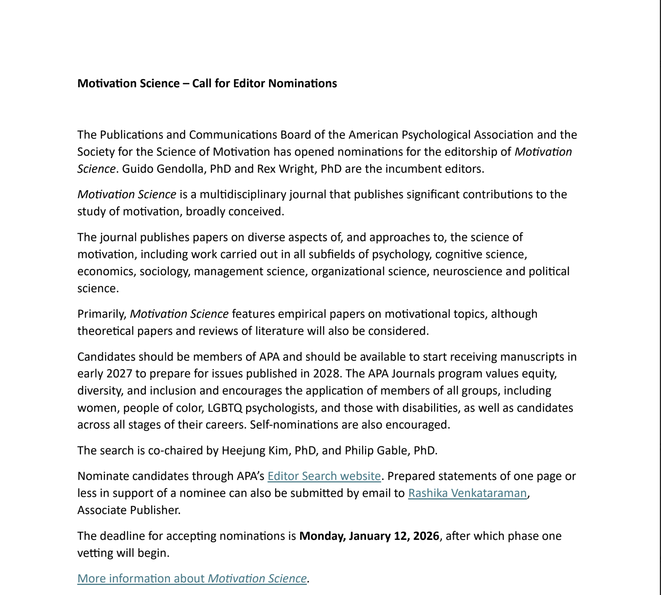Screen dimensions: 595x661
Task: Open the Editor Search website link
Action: tap(324, 476)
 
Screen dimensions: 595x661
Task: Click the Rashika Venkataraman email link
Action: tap(467, 493)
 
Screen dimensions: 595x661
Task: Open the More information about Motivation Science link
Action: tap(192, 579)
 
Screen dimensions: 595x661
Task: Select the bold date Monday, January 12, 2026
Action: tap(369, 536)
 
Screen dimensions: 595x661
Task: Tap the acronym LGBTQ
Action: tap(225, 408)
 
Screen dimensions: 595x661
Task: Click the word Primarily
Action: tap(102, 314)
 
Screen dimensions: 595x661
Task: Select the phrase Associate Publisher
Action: tap(129, 510)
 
